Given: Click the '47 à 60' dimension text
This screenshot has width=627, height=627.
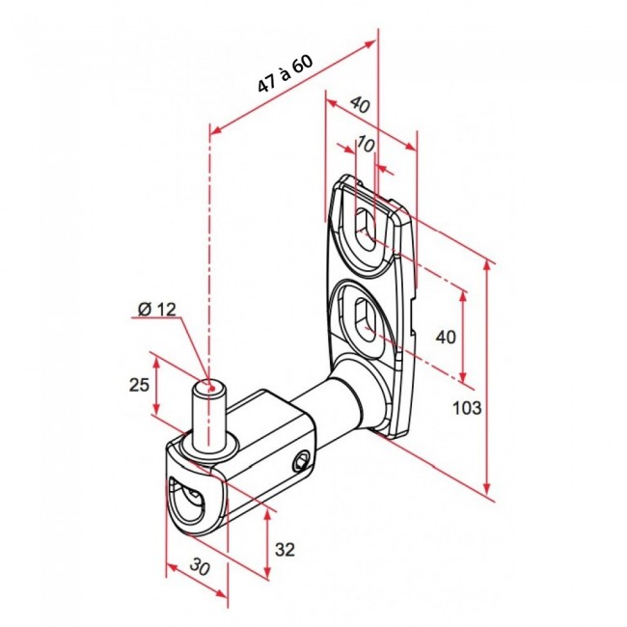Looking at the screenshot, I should pyautogui.click(x=285, y=75).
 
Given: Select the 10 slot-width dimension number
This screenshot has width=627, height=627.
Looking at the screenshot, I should pyautogui.click(x=365, y=144).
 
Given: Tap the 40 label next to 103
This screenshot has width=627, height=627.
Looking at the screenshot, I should pyautogui.click(x=446, y=337).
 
